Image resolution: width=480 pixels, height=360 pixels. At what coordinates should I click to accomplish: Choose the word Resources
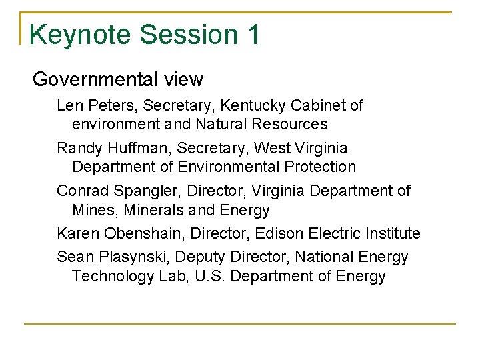tap(291, 124)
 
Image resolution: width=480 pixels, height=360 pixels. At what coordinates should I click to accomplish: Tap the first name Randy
tap(77, 148)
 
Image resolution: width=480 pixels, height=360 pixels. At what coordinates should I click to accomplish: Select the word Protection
tap(321, 167)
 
